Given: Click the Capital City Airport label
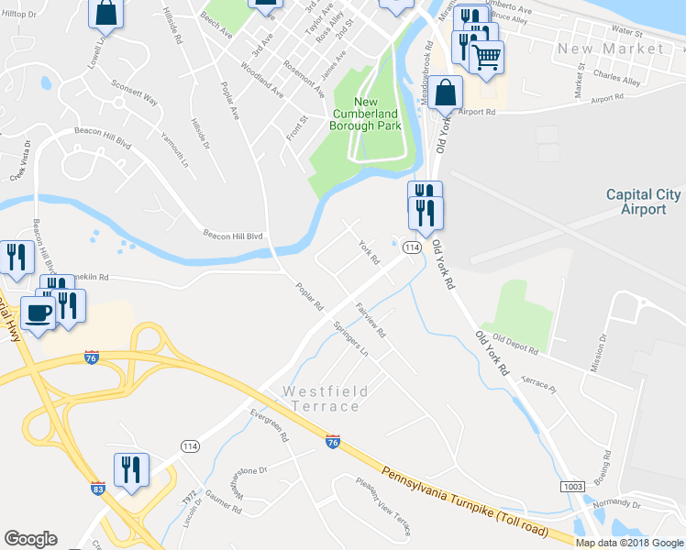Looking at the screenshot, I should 643,202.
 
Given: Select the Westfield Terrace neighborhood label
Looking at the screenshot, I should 326,399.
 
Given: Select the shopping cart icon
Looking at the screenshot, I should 486,58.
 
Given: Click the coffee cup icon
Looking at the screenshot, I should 39,313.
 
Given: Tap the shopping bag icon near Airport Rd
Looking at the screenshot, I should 445,93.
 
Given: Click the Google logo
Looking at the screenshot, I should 30,539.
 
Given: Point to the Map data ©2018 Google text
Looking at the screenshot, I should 629,543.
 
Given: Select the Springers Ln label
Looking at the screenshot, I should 351,339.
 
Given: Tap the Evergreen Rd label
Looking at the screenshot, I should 270,426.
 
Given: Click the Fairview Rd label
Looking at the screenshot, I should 371,320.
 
